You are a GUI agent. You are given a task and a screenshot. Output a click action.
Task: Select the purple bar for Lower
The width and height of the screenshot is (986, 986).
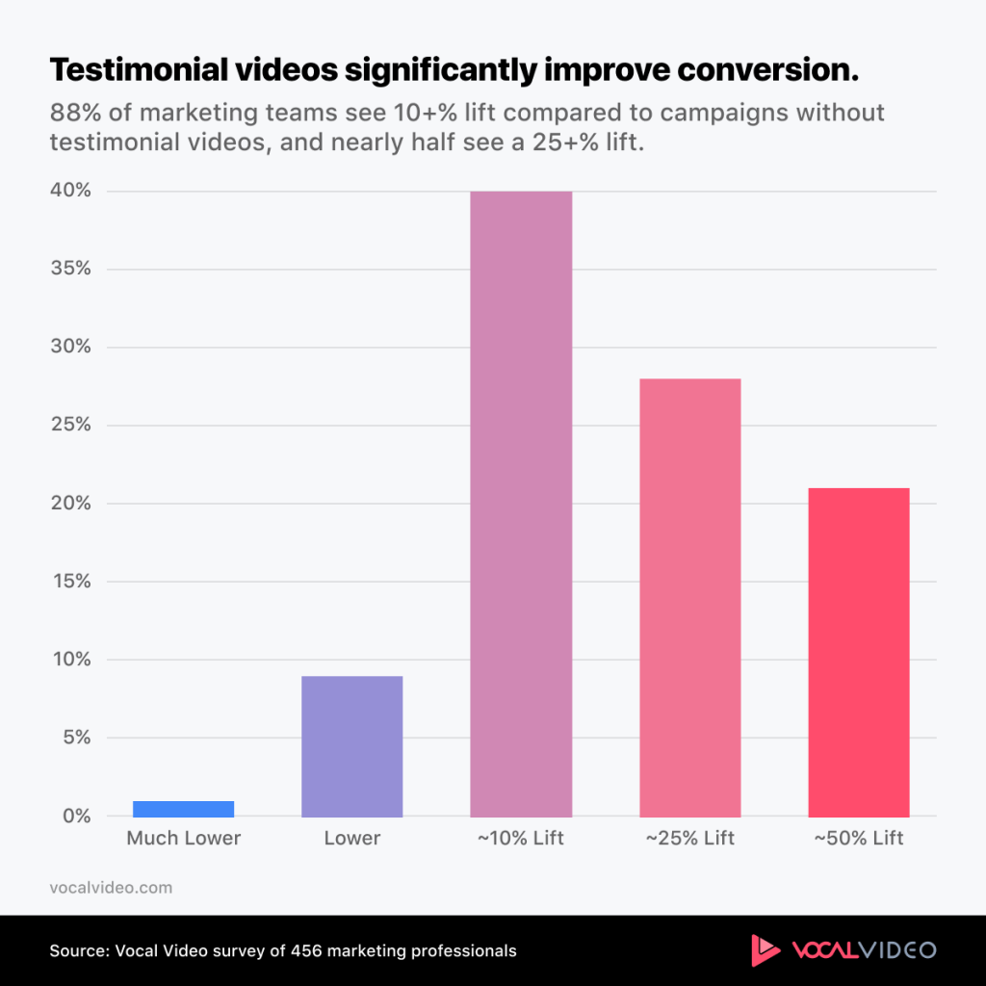[x=352, y=746]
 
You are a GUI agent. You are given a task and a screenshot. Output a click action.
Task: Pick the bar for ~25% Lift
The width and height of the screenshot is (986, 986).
[x=689, y=597]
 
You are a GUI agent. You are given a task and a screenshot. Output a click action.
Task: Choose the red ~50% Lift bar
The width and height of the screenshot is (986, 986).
[x=858, y=652]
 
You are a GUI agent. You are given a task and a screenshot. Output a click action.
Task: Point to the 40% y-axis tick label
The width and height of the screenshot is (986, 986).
[x=71, y=191]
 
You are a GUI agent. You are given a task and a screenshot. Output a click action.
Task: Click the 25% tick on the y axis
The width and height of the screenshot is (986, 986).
[x=71, y=426]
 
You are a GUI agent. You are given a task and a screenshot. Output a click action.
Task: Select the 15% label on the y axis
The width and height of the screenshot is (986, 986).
[x=71, y=582]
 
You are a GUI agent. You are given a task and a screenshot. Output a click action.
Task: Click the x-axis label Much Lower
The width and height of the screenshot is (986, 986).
[x=184, y=839]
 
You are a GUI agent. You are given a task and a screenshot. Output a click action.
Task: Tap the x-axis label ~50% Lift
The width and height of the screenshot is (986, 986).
[x=858, y=839]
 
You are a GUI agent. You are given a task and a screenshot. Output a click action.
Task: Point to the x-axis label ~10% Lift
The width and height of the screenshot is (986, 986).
[x=521, y=839]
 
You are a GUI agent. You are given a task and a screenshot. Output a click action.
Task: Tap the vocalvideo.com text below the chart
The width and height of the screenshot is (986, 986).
[x=111, y=888]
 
